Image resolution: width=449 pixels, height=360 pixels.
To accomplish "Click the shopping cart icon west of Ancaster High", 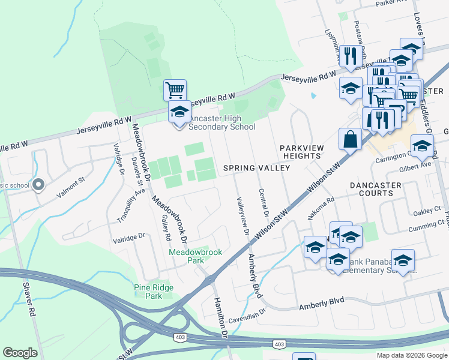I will click(175, 91).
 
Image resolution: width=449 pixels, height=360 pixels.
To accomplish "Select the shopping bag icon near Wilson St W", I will click(350, 140).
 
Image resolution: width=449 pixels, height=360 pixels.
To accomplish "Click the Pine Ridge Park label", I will click(148, 292).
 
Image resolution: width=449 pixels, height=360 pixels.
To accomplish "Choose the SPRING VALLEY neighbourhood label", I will click(256, 168).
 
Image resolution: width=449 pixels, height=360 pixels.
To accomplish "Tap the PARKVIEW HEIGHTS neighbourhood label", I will click(301, 152).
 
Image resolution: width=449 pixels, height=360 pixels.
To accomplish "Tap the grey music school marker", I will click(39, 185).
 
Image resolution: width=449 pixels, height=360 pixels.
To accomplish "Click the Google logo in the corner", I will click(20, 353).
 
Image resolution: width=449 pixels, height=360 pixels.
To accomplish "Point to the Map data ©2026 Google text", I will click(411, 355).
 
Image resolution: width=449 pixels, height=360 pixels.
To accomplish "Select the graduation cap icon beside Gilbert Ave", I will click(422, 146).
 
